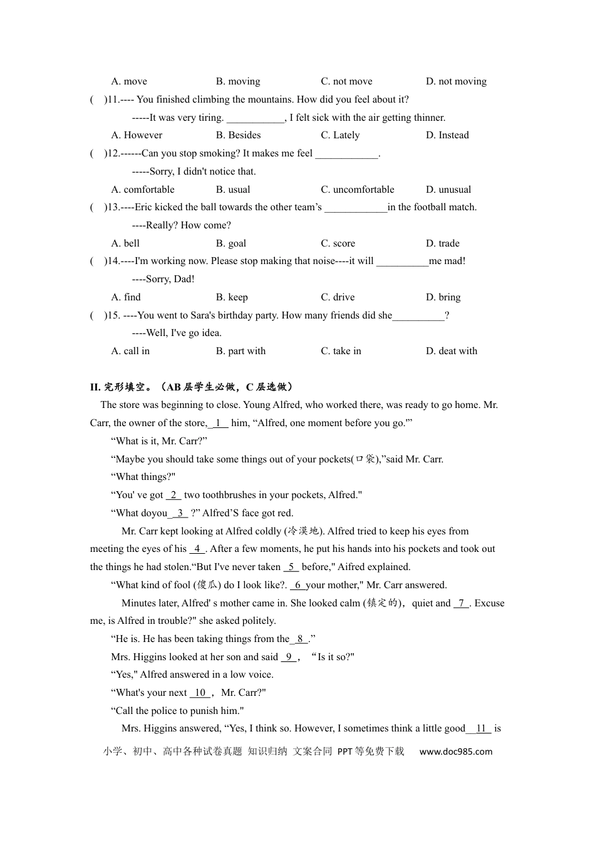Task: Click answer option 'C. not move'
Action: [346, 81]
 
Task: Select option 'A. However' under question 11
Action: [137, 135]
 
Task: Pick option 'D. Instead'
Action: [447, 135]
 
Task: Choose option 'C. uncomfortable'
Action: [358, 190]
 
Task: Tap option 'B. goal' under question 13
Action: [231, 243]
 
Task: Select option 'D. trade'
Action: [442, 243]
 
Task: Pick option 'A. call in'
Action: [130, 351]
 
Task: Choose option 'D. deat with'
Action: [451, 351]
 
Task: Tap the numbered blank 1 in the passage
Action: [219, 424]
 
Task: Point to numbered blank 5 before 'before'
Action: [291, 568]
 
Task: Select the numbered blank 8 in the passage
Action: [301, 640]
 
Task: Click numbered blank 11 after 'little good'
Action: [482, 729]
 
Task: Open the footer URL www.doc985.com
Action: [455, 752]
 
